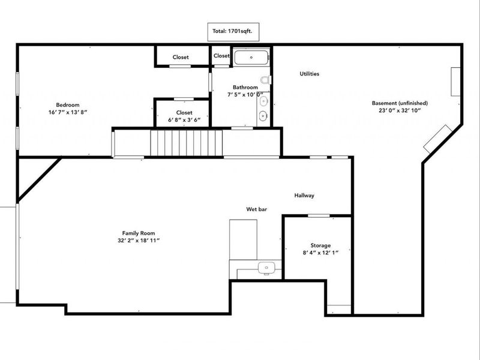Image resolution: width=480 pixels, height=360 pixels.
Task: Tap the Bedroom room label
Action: [x=68, y=105]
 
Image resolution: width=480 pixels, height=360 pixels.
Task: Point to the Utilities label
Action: [x=309, y=74]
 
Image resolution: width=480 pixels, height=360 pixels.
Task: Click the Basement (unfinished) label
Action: [x=400, y=102]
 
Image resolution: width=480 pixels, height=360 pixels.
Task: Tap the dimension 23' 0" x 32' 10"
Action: [x=400, y=110]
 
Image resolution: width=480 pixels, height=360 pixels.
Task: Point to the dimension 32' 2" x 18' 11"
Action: [x=139, y=240]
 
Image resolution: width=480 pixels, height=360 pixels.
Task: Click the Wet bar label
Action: [x=256, y=209]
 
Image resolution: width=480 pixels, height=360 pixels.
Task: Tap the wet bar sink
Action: [x=264, y=266]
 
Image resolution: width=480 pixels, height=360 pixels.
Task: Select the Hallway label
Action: [x=304, y=196]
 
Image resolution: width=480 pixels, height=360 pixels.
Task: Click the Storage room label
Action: [x=320, y=245]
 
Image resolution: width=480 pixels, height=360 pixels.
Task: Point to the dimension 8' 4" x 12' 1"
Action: [x=320, y=253]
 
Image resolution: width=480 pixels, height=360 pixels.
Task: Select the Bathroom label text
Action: [x=245, y=87]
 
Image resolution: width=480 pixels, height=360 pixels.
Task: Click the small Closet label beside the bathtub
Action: [x=221, y=56]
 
